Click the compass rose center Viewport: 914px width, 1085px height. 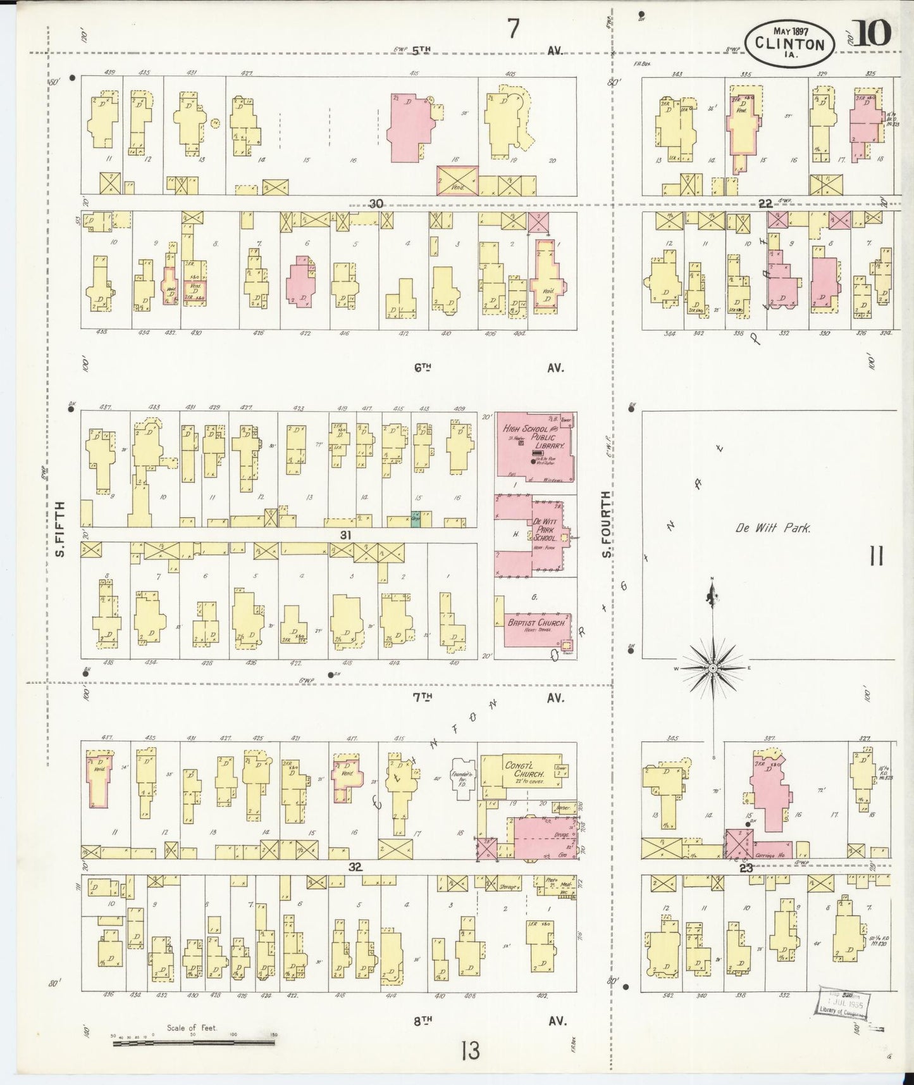(x=713, y=668)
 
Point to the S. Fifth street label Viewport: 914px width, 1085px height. (x=61, y=529)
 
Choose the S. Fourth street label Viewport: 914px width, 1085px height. (x=605, y=525)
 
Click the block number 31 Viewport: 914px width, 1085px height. (x=345, y=535)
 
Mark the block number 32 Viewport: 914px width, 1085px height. (x=355, y=867)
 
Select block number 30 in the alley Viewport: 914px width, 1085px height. (x=376, y=204)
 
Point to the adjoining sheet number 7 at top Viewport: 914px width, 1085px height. (x=512, y=28)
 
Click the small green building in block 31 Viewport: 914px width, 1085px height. (x=416, y=519)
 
